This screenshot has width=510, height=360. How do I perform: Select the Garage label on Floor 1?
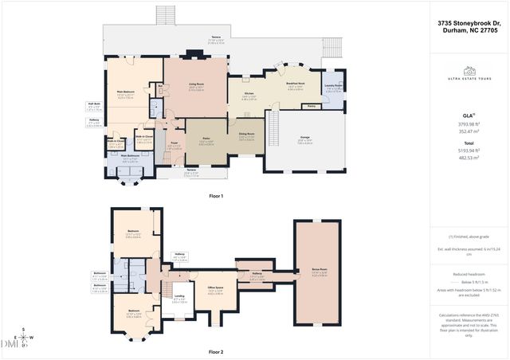304,138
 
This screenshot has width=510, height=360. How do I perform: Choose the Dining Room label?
245,134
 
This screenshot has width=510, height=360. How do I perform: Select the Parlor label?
205,140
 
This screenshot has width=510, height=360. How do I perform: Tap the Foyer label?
173,144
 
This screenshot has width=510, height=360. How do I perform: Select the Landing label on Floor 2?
179,298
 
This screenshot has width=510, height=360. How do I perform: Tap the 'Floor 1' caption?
215,195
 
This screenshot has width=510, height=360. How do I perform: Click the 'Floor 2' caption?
215,351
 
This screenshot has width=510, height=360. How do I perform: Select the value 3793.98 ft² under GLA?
469,123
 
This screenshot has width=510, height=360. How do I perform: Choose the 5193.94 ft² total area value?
469,150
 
